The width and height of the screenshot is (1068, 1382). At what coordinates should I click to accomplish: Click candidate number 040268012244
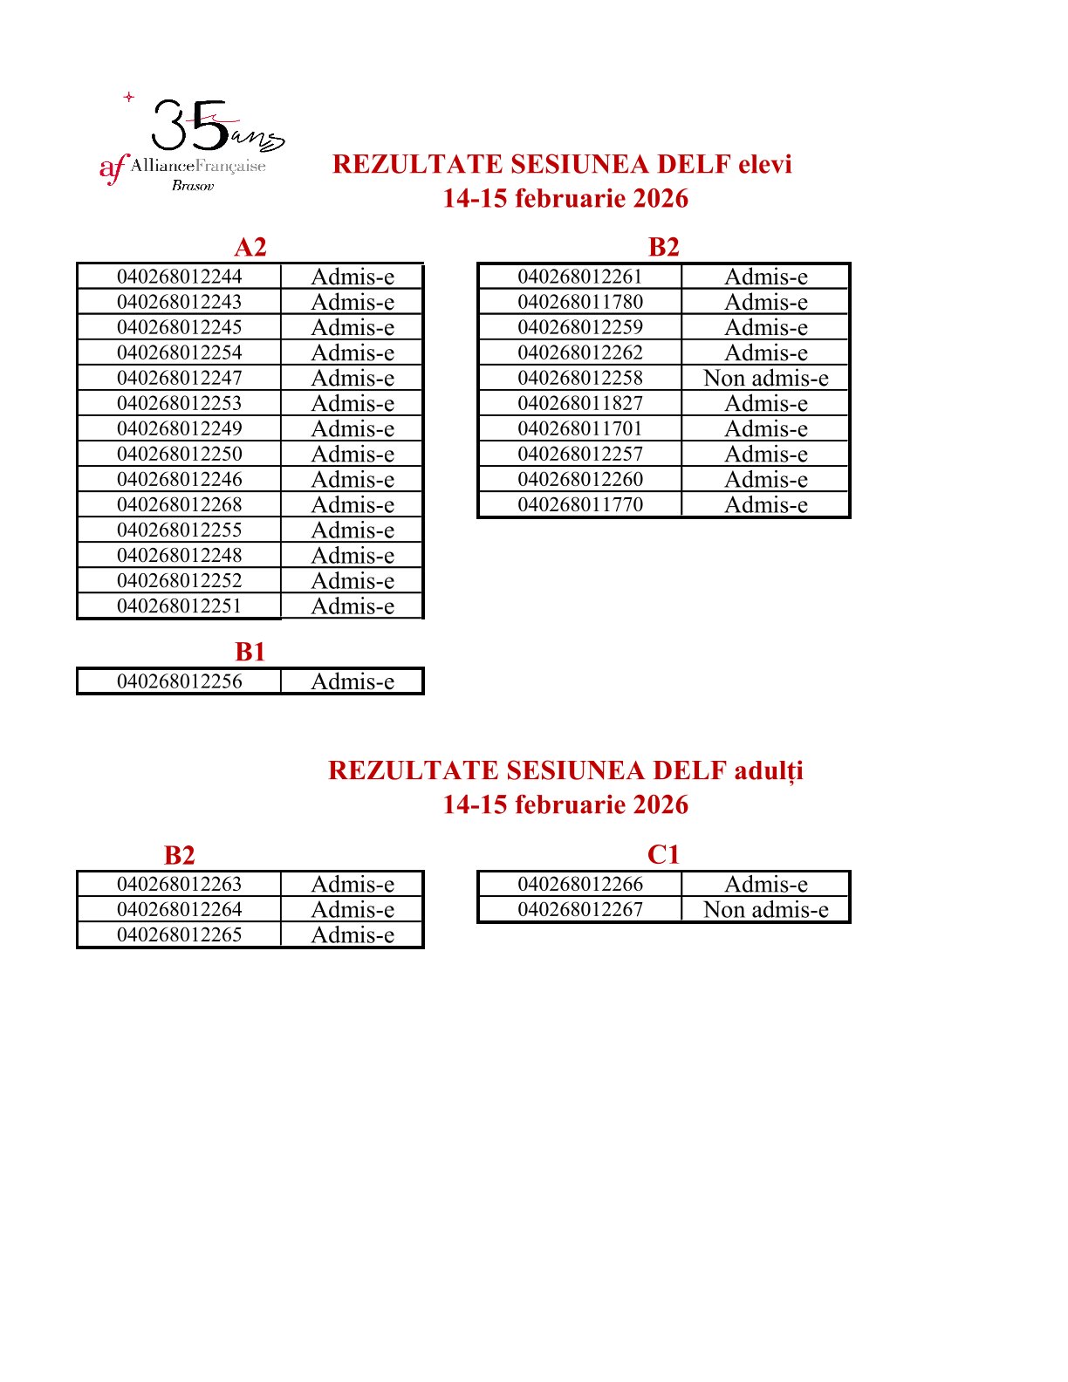(x=179, y=277)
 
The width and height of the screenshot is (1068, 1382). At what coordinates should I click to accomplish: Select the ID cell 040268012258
(x=580, y=378)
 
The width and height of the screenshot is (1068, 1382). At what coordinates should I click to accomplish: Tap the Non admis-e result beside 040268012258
(x=765, y=378)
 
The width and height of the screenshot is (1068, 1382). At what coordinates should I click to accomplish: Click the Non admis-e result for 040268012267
(x=765, y=909)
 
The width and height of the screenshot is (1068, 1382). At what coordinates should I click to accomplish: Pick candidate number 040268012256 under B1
(x=179, y=681)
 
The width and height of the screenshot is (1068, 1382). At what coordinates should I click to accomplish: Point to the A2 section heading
(x=250, y=247)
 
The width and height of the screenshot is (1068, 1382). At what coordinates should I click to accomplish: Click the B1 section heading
(x=250, y=652)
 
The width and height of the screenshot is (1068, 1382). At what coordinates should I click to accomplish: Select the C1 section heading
(x=663, y=854)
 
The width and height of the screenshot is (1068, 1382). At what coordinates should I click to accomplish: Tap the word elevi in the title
(x=764, y=164)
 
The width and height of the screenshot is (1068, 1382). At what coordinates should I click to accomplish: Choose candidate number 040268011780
(x=580, y=302)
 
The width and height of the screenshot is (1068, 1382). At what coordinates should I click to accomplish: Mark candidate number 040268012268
(x=179, y=504)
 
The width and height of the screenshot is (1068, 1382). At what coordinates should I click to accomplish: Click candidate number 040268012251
(x=179, y=605)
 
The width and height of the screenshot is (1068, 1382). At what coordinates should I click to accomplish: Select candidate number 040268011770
(x=580, y=504)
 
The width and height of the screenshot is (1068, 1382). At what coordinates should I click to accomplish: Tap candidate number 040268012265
(x=179, y=934)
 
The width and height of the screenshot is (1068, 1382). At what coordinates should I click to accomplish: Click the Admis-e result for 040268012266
(x=765, y=884)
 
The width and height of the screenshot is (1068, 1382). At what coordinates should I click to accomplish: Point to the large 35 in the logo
(x=190, y=126)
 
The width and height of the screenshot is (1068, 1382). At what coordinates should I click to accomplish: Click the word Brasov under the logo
(x=193, y=185)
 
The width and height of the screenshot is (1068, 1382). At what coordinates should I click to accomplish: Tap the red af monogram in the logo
(x=113, y=168)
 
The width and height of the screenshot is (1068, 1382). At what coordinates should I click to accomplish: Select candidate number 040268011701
(x=580, y=428)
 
